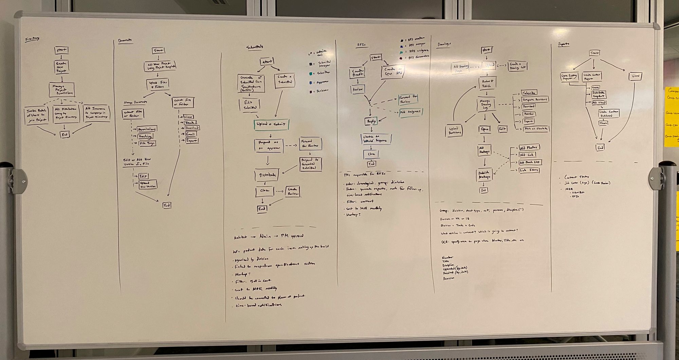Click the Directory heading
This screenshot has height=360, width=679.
click(x=32, y=39)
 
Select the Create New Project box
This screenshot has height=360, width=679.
click(x=61, y=67)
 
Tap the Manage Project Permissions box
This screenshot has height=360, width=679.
click(x=62, y=90)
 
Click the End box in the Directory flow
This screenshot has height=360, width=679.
click(x=65, y=135)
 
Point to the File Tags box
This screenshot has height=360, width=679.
click(x=147, y=143)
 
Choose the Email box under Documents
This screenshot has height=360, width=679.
click(x=191, y=134)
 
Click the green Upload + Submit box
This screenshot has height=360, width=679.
click(x=271, y=125)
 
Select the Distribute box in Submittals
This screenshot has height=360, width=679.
click(x=267, y=175)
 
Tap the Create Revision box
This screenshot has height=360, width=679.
click(x=292, y=191)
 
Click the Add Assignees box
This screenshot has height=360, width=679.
click(x=410, y=112)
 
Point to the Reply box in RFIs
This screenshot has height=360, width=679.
click(x=371, y=121)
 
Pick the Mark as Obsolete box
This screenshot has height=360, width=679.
click(x=536, y=129)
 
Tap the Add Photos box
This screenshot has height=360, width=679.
click(x=529, y=148)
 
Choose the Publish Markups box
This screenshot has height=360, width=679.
click(x=484, y=175)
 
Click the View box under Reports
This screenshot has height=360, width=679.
click(x=635, y=76)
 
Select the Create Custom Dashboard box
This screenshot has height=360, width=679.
click(x=609, y=114)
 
